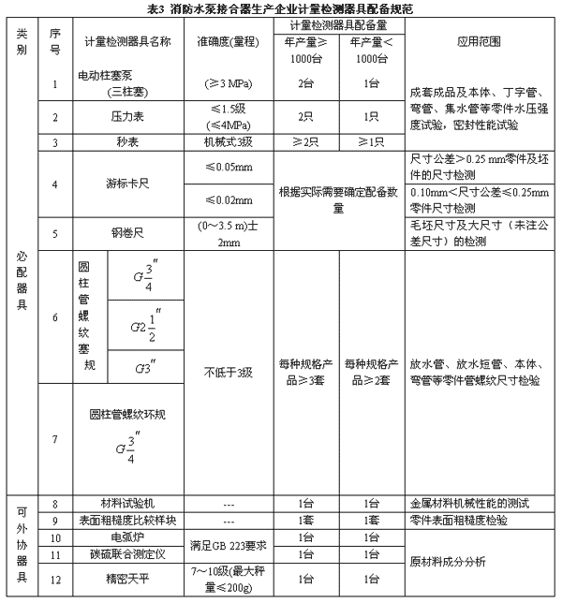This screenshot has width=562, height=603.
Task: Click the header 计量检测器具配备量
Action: pyautogui.click(x=340, y=23)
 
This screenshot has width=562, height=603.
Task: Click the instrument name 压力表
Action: pyautogui.click(x=123, y=118)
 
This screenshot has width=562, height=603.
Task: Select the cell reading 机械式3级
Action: pyautogui.click(x=229, y=142)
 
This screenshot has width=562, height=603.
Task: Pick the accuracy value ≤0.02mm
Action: pyautogui.click(x=229, y=200)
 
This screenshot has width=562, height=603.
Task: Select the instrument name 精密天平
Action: pyautogui.click(x=123, y=581)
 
